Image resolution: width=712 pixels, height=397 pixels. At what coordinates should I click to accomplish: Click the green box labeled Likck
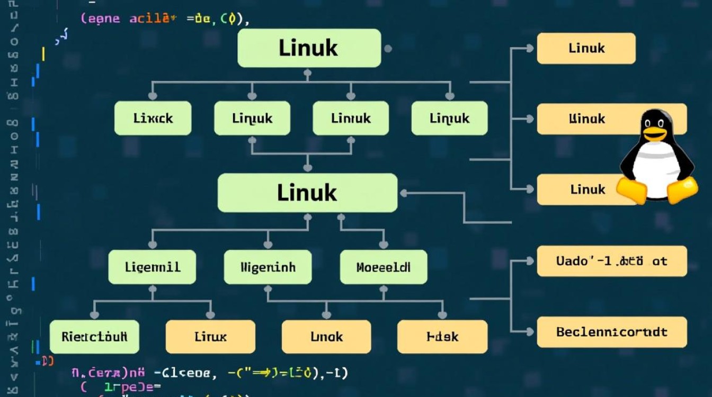coord(153,118)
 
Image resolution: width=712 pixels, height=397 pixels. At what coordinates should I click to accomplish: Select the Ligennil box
coord(152,267)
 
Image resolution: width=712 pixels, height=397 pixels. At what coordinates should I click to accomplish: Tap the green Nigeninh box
coord(268,267)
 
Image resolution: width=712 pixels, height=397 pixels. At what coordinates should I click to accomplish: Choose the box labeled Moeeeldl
coord(383,267)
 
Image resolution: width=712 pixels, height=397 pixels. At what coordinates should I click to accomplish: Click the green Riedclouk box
coord(94,337)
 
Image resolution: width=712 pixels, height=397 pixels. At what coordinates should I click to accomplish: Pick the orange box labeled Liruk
coord(210,337)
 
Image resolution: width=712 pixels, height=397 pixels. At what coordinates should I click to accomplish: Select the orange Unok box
coord(326,337)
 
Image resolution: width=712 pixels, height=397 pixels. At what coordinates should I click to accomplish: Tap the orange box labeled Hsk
coord(442,337)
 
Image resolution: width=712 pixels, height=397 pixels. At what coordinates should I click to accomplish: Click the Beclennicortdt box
coord(611,332)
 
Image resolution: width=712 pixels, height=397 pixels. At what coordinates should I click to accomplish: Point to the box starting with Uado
coord(611,261)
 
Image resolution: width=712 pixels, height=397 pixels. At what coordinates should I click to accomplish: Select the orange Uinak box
coord(587,119)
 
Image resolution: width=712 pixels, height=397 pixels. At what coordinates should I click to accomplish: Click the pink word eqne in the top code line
coord(101,19)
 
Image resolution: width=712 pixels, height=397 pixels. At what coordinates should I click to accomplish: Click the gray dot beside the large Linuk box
coord(388,49)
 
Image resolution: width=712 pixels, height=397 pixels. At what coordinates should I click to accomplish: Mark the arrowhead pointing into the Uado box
coord(529,261)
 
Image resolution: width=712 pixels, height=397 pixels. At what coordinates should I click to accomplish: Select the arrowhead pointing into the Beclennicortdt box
coord(529,332)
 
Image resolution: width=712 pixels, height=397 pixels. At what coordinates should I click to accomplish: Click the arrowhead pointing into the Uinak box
coord(529,119)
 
